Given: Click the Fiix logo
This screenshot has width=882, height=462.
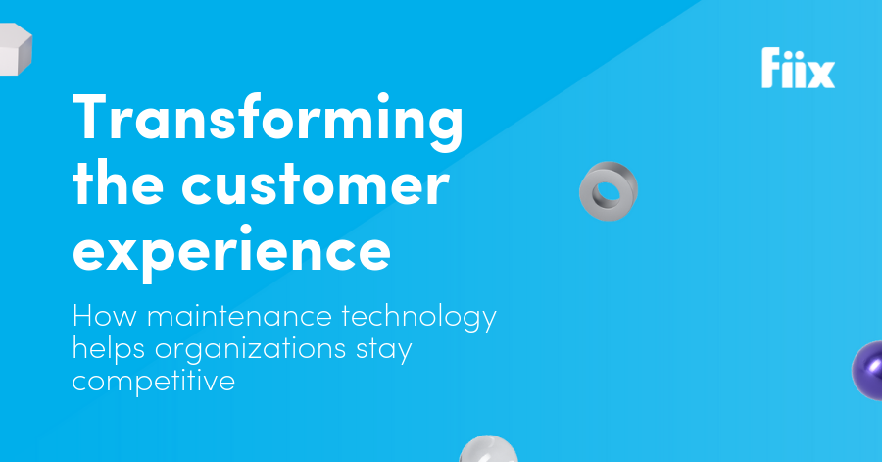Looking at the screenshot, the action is pyautogui.click(x=798, y=68).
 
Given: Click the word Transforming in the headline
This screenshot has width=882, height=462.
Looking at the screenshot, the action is pyautogui.click(x=269, y=121).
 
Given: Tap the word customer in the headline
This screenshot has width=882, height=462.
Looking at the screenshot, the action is pyautogui.click(x=316, y=184).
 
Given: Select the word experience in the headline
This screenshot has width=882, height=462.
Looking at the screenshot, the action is pyautogui.click(x=231, y=253).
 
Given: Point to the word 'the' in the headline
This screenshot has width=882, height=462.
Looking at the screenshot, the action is pyautogui.click(x=119, y=181).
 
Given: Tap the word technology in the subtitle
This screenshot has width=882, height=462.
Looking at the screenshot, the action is pyautogui.click(x=419, y=318).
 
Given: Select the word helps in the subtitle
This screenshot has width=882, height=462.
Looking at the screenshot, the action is pyautogui.click(x=109, y=349).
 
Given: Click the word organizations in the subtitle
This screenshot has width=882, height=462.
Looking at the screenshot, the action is pyautogui.click(x=250, y=349).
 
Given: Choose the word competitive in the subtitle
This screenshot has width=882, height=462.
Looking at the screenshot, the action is pyautogui.click(x=154, y=382).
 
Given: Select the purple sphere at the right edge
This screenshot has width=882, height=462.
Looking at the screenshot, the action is pyautogui.click(x=868, y=370).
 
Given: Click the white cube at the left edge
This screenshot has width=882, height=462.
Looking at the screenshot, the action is pyautogui.click(x=15, y=49).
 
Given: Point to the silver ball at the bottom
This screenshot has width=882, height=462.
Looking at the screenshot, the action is pyautogui.click(x=488, y=449).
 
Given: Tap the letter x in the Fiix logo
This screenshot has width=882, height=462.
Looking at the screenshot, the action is pyautogui.click(x=820, y=74).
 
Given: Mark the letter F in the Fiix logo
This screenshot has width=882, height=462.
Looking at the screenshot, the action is pyautogui.click(x=773, y=68).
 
